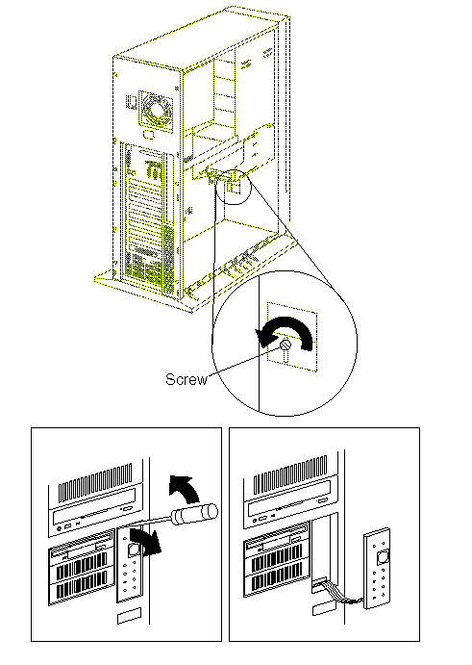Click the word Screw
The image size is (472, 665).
click(186, 379)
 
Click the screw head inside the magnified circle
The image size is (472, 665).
click(286, 345)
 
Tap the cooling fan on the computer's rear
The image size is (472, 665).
click(156, 109)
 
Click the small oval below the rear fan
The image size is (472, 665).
click(149, 135)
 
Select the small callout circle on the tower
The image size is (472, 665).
click(234, 186)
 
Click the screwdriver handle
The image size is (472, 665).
click(194, 513)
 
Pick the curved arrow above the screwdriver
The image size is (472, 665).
click(185, 488)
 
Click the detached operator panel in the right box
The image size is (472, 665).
click(377, 569)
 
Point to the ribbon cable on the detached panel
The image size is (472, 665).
click(337, 593)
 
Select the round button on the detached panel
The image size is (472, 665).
click(383, 556)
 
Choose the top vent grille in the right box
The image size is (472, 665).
click(290, 474)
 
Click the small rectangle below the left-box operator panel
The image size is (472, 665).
click(129, 615)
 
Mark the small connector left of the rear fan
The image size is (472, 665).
click(131, 103)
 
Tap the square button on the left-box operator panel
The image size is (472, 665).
click(133, 550)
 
